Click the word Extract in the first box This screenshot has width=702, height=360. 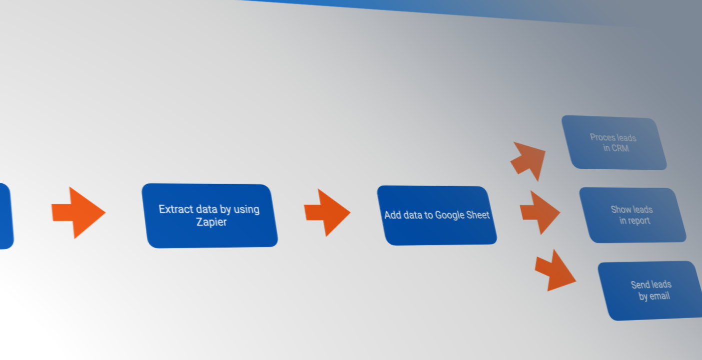point(176,209)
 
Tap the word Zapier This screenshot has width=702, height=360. point(211,222)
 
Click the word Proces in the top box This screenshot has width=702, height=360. point(601,137)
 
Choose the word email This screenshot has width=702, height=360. point(659,296)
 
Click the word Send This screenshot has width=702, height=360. point(640,285)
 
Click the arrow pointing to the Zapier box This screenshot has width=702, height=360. point(78,213)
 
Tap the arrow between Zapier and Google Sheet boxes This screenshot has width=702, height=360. point(327,212)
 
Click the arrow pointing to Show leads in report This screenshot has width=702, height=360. point(540,212)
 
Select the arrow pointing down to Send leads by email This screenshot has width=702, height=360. point(555,271)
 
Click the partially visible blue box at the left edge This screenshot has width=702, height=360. point(5,216)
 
